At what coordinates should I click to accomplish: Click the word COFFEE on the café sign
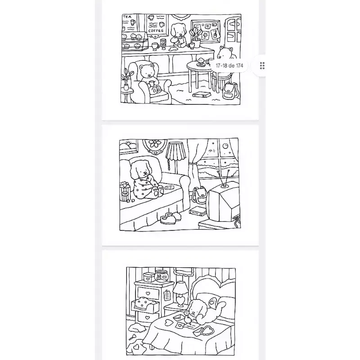click(156, 31)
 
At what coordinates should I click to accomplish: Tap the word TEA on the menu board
click(127, 17)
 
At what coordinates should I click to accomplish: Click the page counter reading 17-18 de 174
click(229, 66)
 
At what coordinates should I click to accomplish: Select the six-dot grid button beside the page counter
click(262, 66)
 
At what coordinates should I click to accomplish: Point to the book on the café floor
click(202, 94)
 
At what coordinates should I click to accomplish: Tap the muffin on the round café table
click(201, 61)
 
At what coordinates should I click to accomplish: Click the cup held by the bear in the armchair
click(152, 83)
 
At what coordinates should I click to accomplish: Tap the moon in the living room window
click(225, 145)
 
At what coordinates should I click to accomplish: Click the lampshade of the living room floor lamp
click(175, 151)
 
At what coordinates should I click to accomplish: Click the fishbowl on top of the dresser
click(161, 276)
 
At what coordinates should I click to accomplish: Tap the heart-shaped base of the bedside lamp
click(181, 301)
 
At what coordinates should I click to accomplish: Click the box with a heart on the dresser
click(148, 277)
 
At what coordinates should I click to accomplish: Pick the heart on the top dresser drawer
click(148, 293)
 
